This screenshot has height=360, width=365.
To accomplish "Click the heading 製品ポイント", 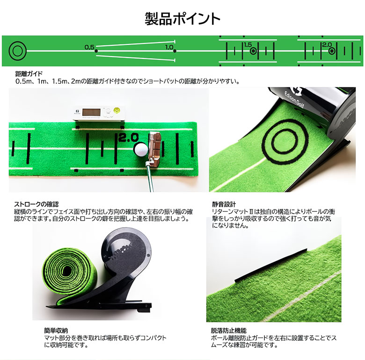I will tap(182, 19).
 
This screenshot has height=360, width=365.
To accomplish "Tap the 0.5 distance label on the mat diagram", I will tap(89, 47).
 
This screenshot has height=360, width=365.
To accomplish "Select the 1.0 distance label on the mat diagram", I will tap(169, 47).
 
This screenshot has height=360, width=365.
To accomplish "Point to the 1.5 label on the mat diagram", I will tap(248, 45).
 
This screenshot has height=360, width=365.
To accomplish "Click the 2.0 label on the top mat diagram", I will tap(327, 45).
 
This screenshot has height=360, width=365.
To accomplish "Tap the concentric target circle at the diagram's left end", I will tap(18, 50).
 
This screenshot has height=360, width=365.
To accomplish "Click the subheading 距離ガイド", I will tap(29, 74).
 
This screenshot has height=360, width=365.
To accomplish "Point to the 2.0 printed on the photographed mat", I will tap(128, 138).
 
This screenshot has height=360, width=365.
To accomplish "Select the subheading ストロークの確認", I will tap(36, 204).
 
